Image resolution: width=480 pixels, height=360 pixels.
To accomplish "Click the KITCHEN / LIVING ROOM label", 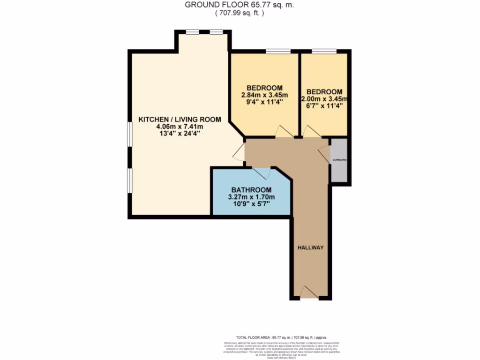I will (x=180, y=120).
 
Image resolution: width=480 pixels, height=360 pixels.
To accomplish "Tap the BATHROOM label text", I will (x=251, y=189).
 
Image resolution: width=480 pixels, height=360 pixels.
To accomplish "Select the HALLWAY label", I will (x=310, y=247).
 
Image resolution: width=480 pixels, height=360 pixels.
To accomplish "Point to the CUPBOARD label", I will (x=339, y=160).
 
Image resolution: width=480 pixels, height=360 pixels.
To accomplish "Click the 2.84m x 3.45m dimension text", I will (x=264, y=95).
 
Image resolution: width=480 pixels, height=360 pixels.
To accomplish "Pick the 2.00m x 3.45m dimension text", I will (x=324, y=99).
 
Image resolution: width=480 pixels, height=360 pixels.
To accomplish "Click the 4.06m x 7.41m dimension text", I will (x=180, y=127).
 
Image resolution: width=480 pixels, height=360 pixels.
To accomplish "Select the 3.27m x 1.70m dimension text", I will (x=251, y=197).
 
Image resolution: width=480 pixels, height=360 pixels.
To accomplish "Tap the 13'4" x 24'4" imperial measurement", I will (x=180, y=134).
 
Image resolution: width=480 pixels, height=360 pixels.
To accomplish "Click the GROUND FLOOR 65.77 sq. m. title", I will (x=240, y=5).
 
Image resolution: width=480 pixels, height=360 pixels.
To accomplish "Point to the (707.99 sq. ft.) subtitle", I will (x=240, y=13).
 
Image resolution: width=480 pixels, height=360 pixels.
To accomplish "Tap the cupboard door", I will (x=324, y=154).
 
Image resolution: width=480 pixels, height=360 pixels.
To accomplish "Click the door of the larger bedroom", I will (x=283, y=132).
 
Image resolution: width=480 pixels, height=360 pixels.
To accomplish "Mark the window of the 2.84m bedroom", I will (x=277, y=51).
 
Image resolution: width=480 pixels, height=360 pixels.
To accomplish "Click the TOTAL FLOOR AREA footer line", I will (x=282, y=337).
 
